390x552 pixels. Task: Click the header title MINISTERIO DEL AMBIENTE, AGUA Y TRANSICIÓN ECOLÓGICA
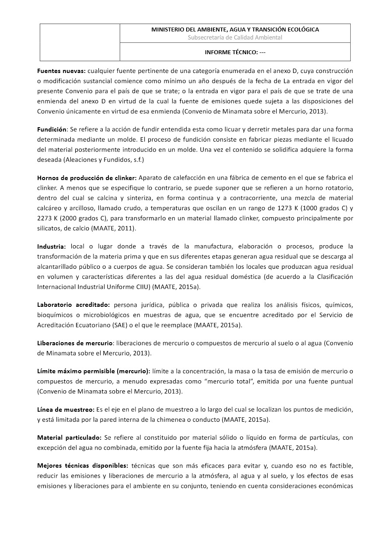[x=235, y=29]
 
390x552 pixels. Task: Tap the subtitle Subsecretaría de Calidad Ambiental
[x=235, y=38]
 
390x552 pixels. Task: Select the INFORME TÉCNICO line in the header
[x=235, y=52]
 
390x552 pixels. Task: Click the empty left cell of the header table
[x=80, y=42]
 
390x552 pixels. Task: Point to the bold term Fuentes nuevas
[x=61, y=70]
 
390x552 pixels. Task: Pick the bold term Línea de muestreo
[x=66, y=410]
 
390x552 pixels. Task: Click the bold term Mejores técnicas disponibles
[x=83, y=466]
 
